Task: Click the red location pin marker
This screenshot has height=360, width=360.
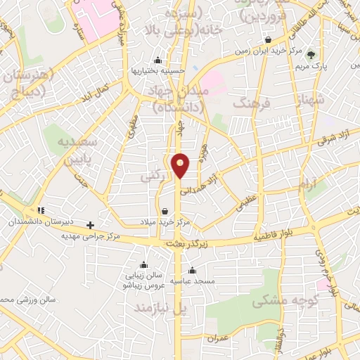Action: [181, 165]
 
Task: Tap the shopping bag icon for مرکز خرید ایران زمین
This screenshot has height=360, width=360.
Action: [269, 39]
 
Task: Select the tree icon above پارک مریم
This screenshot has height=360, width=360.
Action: [311, 54]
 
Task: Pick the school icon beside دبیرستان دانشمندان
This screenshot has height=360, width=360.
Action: [41, 210]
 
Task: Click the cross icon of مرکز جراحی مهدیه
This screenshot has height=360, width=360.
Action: [90, 225]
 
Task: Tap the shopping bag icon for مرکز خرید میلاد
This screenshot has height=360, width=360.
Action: [165, 211]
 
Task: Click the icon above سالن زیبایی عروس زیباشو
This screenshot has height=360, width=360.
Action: [144, 264]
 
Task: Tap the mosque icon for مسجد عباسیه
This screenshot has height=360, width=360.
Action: [192, 270]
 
